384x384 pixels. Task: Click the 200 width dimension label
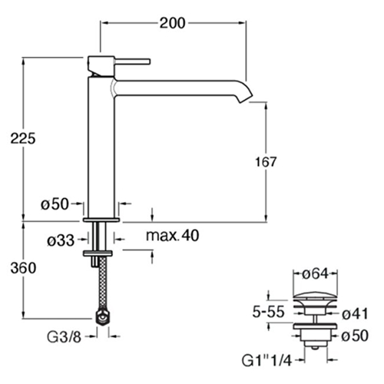coord(172,23)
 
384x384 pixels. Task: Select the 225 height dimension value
coord(23,138)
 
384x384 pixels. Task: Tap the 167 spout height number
coord(266,162)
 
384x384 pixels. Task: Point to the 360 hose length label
coord(23,268)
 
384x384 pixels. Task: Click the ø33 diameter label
coord(61,240)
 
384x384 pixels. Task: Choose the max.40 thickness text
coord(172,236)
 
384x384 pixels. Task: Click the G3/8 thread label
coord(64,337)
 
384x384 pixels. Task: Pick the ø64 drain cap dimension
coord(316,273)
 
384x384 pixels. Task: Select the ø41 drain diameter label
coord(355,314)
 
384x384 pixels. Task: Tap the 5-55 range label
coord(269,312)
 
